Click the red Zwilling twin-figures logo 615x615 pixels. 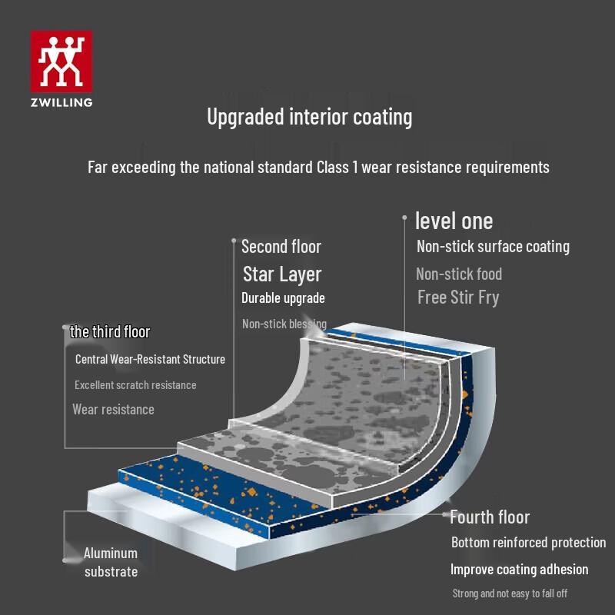pos(61,61)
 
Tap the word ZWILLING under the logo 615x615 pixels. pos(61,103)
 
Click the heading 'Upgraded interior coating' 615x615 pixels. pos(310,117)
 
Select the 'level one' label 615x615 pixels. pos(454,221)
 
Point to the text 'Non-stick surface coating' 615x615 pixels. pos(493,247)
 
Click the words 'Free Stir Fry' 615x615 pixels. pos(458,298)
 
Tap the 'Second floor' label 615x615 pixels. pos(281,247)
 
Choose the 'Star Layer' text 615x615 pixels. pos(282,274)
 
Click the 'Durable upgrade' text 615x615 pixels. pos(283,298)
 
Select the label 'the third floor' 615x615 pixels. pos(110,332)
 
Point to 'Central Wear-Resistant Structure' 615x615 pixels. pos(150,359)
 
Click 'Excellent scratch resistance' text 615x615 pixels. pos(135,385)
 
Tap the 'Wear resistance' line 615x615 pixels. pos(113,410)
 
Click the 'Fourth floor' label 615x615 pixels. pos(490,517)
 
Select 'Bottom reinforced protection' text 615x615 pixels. pos(528,543)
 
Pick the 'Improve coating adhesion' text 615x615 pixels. pos(520,570)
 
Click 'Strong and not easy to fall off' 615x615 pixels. pos(510,593)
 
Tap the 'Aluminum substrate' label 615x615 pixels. pos(111,563)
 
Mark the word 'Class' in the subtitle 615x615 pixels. pos(333,168)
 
